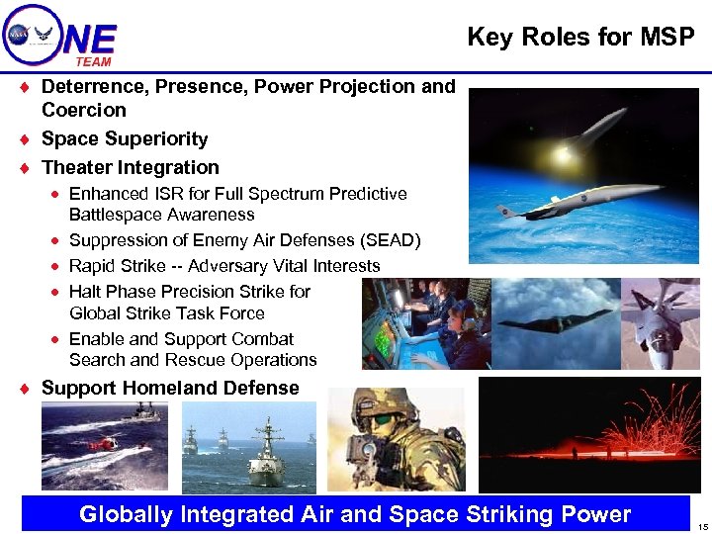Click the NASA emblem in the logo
[19, 34]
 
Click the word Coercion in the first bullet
[84, 110]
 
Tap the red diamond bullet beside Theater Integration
[24, 168]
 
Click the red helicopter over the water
[101, 445]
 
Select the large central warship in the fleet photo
[267, 450]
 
